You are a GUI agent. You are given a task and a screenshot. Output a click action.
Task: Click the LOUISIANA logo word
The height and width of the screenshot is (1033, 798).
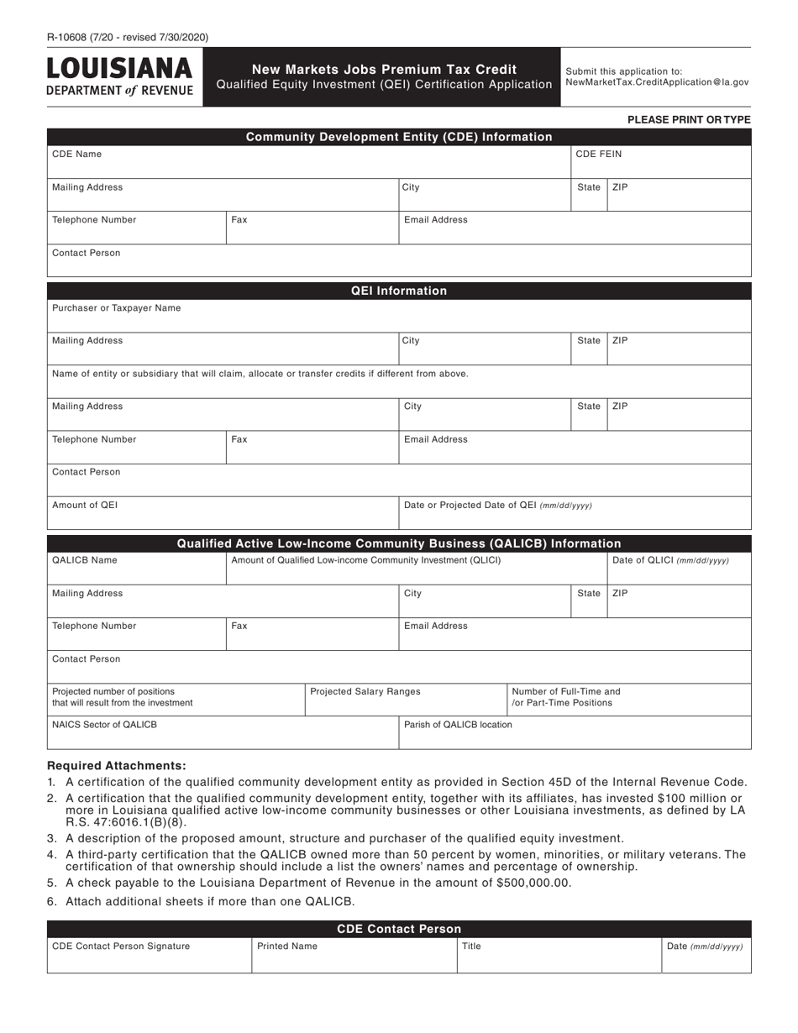[x=119, y=67]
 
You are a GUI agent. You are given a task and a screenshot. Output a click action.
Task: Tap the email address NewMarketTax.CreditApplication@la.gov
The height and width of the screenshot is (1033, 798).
[x=657, y=82]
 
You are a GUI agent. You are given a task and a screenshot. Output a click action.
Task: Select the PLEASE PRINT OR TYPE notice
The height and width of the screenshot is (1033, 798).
[x=689, y=120]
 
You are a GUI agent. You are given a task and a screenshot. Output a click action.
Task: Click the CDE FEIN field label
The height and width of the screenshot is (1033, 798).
[x=598, y=155]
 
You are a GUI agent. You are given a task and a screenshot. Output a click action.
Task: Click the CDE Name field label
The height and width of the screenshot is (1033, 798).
[x=76, y=155]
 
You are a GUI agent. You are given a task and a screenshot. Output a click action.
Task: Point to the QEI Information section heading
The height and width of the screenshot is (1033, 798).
[x=398, y=291]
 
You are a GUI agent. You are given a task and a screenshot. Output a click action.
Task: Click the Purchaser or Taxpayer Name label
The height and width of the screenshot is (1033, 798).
[x=116, y=308]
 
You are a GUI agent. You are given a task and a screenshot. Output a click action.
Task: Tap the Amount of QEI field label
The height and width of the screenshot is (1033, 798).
[x=85, y=506]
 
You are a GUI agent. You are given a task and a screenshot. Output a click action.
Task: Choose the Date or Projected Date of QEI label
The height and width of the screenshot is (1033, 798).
[x=497, y=506]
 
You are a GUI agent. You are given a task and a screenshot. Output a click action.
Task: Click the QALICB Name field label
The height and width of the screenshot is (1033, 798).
[x=85, y=560]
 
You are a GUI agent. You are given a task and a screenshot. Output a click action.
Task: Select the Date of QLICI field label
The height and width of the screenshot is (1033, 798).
[x=670, y=560]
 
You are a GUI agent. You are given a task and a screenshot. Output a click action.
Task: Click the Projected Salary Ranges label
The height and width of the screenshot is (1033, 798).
[x=365, y=692]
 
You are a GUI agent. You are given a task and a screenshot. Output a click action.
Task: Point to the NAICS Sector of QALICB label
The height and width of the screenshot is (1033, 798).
[x=104, y=725]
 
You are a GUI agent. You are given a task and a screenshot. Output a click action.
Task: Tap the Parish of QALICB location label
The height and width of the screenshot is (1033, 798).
[x=458, y=725]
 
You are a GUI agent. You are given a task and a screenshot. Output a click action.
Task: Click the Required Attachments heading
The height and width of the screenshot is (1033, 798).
[x=117, y=766]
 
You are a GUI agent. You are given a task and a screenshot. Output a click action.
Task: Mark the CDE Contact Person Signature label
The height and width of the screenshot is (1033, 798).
[x=121, y=946]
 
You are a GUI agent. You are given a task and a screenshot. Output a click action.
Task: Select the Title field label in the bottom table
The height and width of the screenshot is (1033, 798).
[x=471, y=946]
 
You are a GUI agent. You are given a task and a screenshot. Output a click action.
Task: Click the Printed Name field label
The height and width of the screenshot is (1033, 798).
[x=287, y=946]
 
